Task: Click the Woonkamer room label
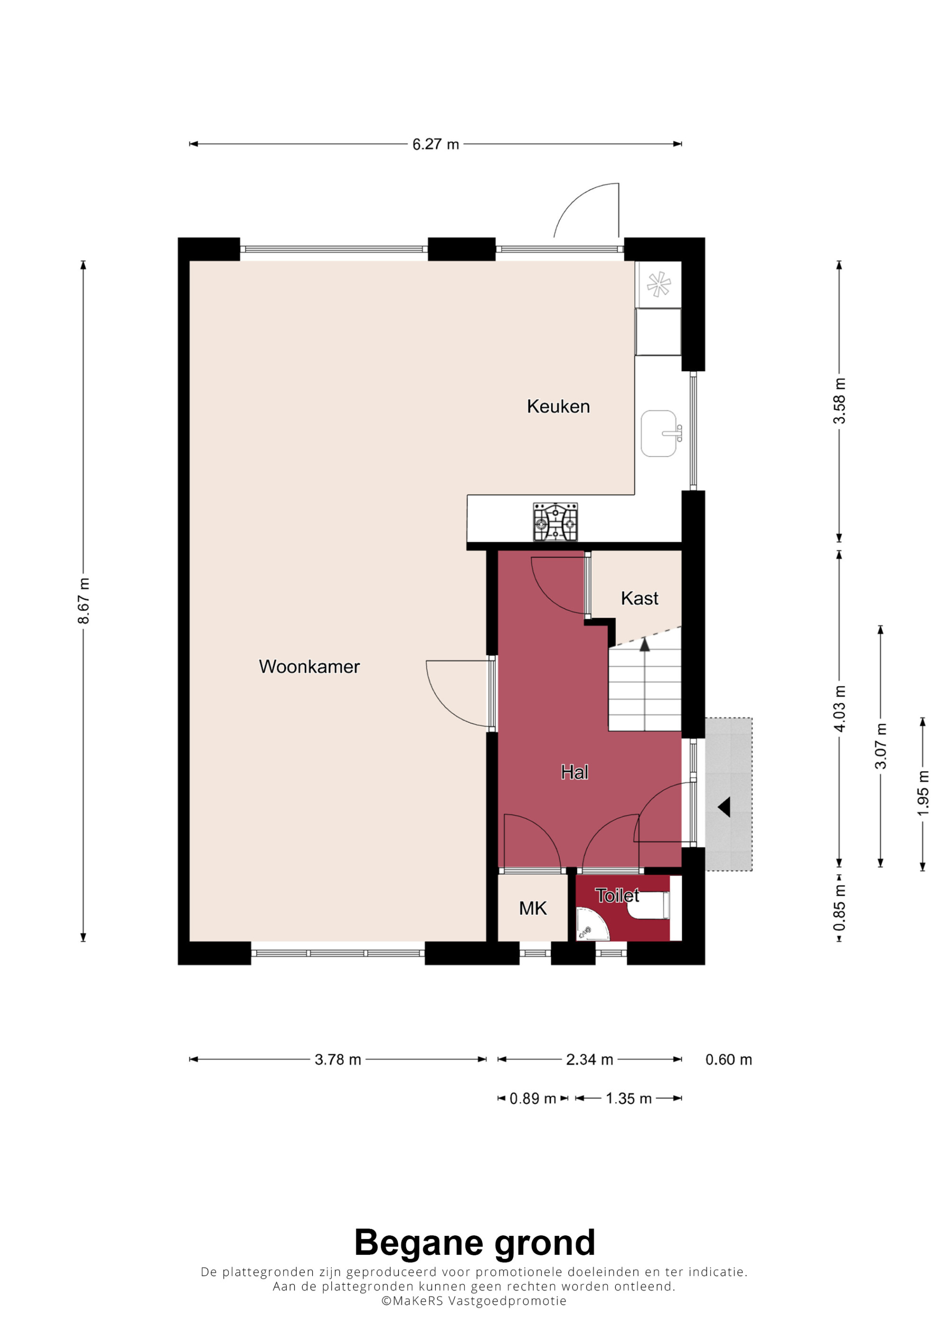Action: (x=309, y=666)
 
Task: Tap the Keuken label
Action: (x=558, y=406)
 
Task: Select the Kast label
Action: (x=639, y=598)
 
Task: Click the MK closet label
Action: (x=533, y=908)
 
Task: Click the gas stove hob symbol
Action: (x=555, y=522)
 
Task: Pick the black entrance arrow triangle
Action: (x=724, y=807)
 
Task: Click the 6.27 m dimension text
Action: (x=436, y=144)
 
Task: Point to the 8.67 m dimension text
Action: (x=84, y=601)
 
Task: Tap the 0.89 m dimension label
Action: (x=533, y=1099)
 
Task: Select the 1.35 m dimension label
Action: (x=629, y=1099)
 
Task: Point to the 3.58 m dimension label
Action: (x=839, y=401)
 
